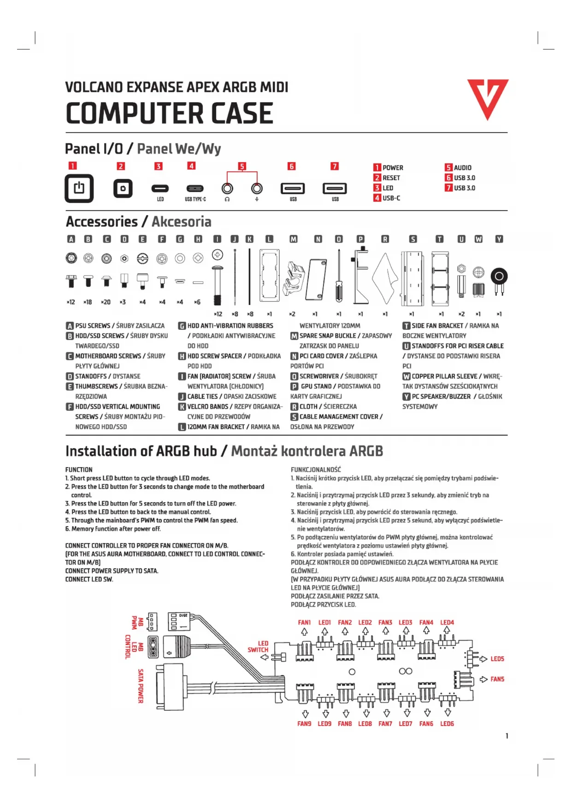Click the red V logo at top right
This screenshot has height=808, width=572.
[488, 98]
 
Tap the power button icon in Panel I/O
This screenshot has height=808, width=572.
[79, 188]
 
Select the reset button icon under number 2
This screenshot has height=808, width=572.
[123, 188]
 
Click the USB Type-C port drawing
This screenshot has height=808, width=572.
[195, 188]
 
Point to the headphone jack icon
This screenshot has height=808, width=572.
[227, 188]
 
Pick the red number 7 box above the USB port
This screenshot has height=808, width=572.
[335, 166]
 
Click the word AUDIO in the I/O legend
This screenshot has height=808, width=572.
[462, 168]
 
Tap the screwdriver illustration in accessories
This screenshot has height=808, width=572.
[339, 276]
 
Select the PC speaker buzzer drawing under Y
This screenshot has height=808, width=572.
[499, 279]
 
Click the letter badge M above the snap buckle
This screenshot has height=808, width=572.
[293, 239]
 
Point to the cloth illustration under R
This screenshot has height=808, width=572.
[385, 279]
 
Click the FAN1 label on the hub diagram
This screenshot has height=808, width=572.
[304, 622]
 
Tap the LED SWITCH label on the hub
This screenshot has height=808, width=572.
[259, 646]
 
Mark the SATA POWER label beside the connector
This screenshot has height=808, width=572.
[141, 686]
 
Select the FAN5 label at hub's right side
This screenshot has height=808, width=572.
[497, 679]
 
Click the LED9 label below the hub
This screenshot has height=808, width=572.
[324, 724]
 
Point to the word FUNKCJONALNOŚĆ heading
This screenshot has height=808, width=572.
[316, 469]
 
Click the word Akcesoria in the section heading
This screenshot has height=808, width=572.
[181, 222]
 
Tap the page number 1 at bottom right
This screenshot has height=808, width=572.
[507, 736]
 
